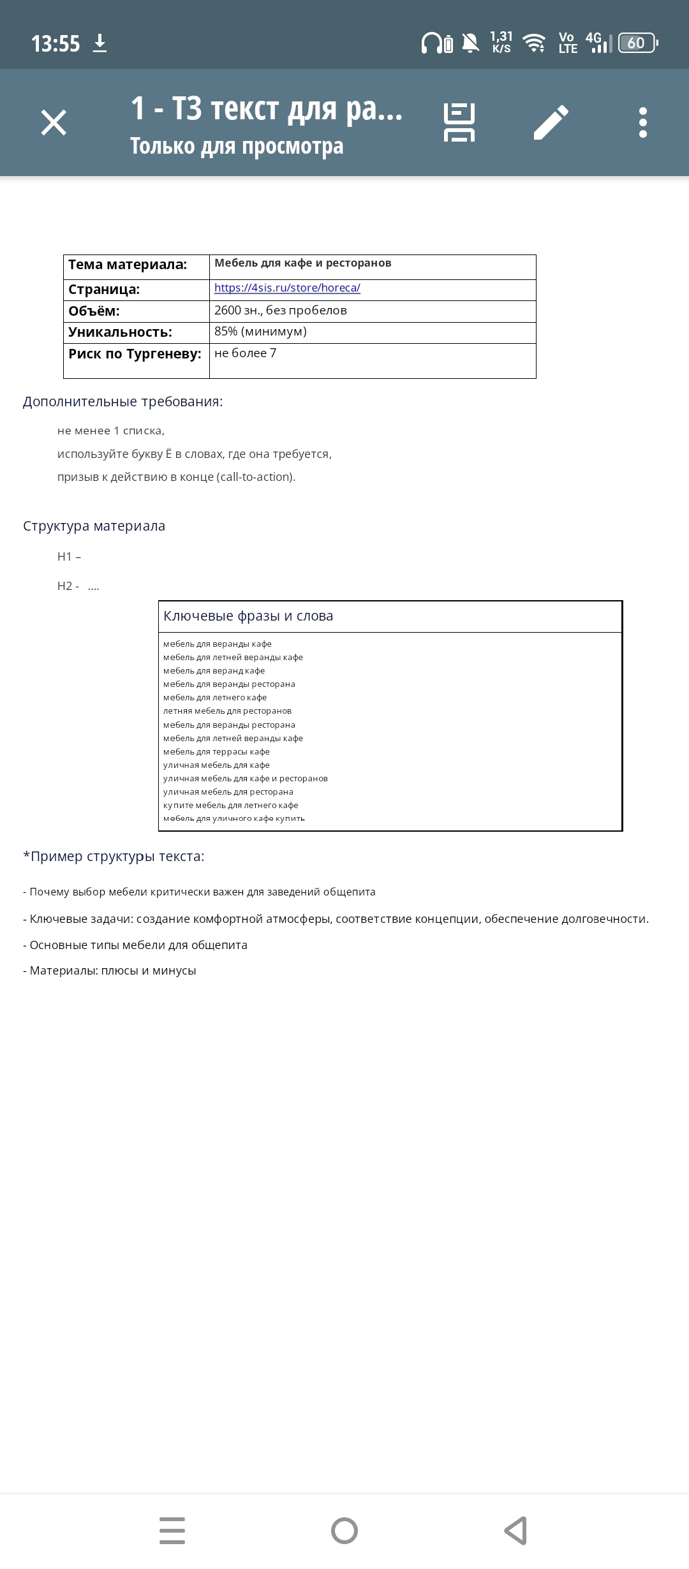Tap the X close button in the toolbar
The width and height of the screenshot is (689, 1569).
pos(54,122)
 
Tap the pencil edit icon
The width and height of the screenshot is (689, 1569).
pos(551,122)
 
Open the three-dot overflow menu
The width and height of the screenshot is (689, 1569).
pos(642,122)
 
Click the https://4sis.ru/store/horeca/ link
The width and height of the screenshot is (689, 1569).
pos(287,288)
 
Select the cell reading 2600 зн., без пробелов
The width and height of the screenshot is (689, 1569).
pos(281,311)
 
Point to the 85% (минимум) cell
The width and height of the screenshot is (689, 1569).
pos(260,332)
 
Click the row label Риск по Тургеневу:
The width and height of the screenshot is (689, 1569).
pos(135,354)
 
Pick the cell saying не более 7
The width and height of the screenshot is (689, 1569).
pos(245,353)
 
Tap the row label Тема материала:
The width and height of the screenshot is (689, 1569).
pos(128,265)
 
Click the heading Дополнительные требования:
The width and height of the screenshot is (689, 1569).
pos(123,402)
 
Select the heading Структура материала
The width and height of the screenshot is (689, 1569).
pos(94,526)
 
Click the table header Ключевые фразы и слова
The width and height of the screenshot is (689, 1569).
pos(248,616)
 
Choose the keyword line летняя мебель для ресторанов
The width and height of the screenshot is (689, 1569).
pos(227,711)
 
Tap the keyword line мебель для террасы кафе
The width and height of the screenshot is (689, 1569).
pos(216,752)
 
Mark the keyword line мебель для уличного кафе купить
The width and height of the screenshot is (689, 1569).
pos(234,819)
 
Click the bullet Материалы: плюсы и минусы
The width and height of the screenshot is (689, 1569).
pos(110,971)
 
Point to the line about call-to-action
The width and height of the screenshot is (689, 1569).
pos(176,477)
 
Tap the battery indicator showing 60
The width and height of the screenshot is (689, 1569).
pos(637,43)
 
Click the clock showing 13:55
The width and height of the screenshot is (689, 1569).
pos(56,44)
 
